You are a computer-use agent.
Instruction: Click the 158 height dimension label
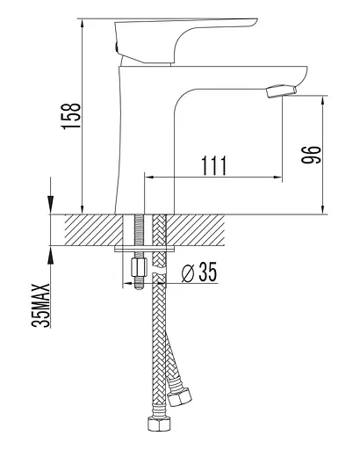(71, 116)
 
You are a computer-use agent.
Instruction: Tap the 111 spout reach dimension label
(213, 165)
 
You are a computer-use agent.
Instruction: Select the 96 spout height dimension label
(311, 154)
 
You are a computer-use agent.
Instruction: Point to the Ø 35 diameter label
(199, 272)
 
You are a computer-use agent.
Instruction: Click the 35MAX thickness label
(41, 305)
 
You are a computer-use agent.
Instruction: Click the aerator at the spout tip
(281, 91)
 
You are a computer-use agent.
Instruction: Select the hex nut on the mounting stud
(139, 267)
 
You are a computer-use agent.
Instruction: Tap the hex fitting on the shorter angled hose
(179, 397)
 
